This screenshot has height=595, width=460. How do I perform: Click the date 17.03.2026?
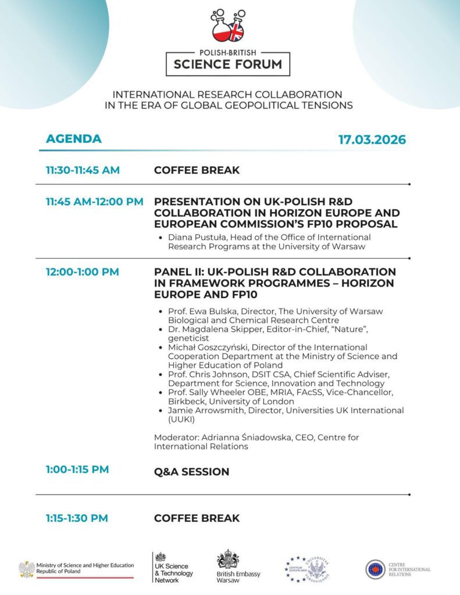(372, 139)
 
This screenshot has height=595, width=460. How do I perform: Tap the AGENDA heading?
(74, 139)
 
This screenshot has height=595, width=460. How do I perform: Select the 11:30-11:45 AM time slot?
(83, 170)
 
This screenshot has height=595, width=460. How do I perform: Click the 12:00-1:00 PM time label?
(83, 272)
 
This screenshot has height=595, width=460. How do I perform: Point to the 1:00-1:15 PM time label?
(77, 469)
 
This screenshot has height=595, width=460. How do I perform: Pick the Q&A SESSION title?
(191, 472)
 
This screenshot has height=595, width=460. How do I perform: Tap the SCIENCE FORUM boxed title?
(227, 64)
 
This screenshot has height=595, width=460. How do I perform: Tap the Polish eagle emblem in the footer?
(26, 569)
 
